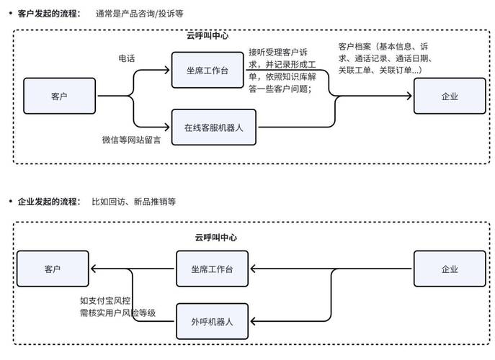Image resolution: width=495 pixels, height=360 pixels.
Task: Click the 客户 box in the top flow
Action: point(60,96)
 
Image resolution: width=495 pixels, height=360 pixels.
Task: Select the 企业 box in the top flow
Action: point(449,96)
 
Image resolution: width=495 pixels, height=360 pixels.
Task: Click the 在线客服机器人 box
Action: point(215,127)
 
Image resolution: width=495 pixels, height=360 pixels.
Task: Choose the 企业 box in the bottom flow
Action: point(449,269)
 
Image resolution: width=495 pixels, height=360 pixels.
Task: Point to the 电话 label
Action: point(127,58)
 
